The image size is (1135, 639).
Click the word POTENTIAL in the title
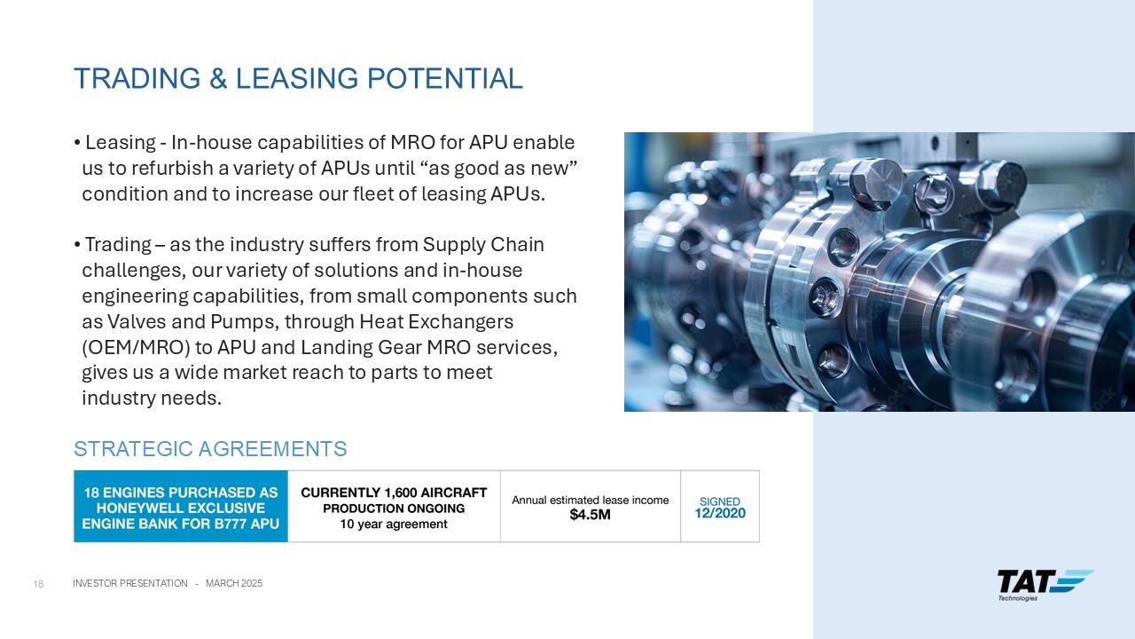pyautogui.click(x=444, y=79)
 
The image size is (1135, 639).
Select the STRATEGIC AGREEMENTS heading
pyautogui.click(x=210, y=449)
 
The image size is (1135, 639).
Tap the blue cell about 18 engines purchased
pyautogui.click(x=181, y=506)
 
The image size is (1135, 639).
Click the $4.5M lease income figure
pyautogui.click(x=590, y=515)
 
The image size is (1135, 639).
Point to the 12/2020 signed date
pyautogui.click(x=719, y=513)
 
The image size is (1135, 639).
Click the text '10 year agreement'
pyautogui.click(x=394, y=524)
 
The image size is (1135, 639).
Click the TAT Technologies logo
pyautogui.click(x=1045, y=585)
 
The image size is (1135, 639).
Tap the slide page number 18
pyautogui.click(x=38, y=584)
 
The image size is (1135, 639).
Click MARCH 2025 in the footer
pyautogui.click(x=234, y=583)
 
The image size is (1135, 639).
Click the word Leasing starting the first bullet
pyautogui.click(x=121, y=143)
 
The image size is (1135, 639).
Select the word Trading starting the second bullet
pyautogui.click(x=118, y=245)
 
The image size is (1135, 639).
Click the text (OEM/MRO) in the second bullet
pyautogui.click(x=136, y=347)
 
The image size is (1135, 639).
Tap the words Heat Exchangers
pyautogui.click(x=436, y=321)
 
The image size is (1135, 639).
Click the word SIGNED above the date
pyautogui.click(x=719, y=501)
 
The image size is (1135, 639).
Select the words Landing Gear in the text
pyautogui.click(x=361, y=347)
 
